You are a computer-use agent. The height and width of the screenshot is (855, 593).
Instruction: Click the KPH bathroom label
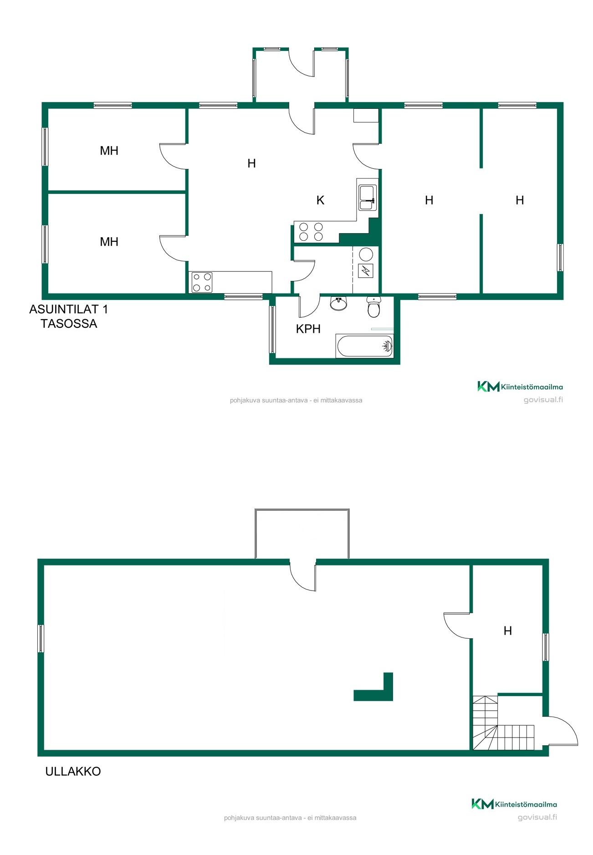coord(308,329)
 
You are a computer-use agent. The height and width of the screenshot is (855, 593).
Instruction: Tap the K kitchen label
coord(320,200)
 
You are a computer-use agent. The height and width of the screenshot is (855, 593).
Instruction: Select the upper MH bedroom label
coord(109,151)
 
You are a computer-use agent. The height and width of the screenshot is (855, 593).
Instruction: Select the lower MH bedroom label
coord(109,242)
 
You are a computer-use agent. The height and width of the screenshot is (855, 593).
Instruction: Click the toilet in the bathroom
coord(374,307)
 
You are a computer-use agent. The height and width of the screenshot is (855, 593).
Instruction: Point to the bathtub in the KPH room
coord(364,346)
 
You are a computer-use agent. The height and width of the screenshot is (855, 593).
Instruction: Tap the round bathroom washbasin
coord(338,303)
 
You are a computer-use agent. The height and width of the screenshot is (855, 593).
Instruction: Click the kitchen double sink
coord(367,198)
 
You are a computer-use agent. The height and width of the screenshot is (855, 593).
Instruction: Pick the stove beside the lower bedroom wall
coord(202,282)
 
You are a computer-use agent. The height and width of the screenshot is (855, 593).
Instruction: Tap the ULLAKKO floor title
coord(73,771)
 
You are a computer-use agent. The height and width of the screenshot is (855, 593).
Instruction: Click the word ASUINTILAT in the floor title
coord(64,309)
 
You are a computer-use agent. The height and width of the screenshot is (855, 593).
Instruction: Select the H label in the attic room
coord(508,631)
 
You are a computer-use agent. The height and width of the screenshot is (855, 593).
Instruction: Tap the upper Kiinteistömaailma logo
coord(520,387)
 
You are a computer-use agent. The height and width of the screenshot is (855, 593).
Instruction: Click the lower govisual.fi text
coord(537,817)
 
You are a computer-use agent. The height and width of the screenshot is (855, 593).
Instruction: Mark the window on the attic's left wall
coord(41,638)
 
